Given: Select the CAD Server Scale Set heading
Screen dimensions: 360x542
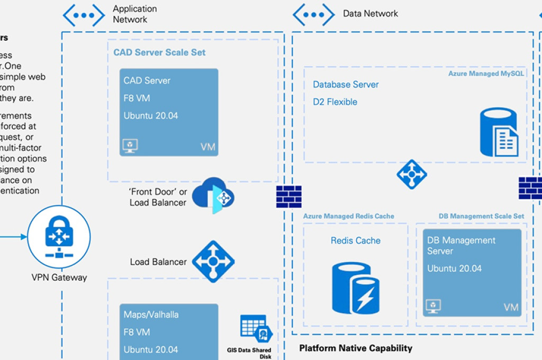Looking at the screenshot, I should [159, 52].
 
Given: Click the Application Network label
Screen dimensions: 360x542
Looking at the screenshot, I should [134, 14].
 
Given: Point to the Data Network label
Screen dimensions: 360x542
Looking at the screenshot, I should [370, 14].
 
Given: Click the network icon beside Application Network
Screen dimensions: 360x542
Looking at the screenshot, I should [84, 15].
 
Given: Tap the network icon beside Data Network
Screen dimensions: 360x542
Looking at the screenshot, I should [313, 15].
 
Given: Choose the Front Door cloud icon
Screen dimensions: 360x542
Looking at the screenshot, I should [213, 195].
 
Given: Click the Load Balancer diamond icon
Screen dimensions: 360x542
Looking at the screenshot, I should [213, 262].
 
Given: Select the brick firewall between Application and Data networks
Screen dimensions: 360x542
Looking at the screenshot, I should [288, 196].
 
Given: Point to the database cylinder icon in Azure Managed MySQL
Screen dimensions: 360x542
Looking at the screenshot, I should [499, 132].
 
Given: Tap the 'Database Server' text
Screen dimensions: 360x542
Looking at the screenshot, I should [346, 84].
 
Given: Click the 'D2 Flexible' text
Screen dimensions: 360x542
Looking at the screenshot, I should [335, 102].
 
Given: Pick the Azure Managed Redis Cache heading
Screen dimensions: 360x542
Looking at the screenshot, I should [348, 216].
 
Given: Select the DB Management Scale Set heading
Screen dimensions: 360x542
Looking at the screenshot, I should [481, 216].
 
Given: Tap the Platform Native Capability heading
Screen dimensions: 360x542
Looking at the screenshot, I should [355, 348].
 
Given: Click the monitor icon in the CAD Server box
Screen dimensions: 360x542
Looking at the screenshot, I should [130, 146].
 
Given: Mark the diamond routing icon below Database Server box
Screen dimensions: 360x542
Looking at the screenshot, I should [411, 174].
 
